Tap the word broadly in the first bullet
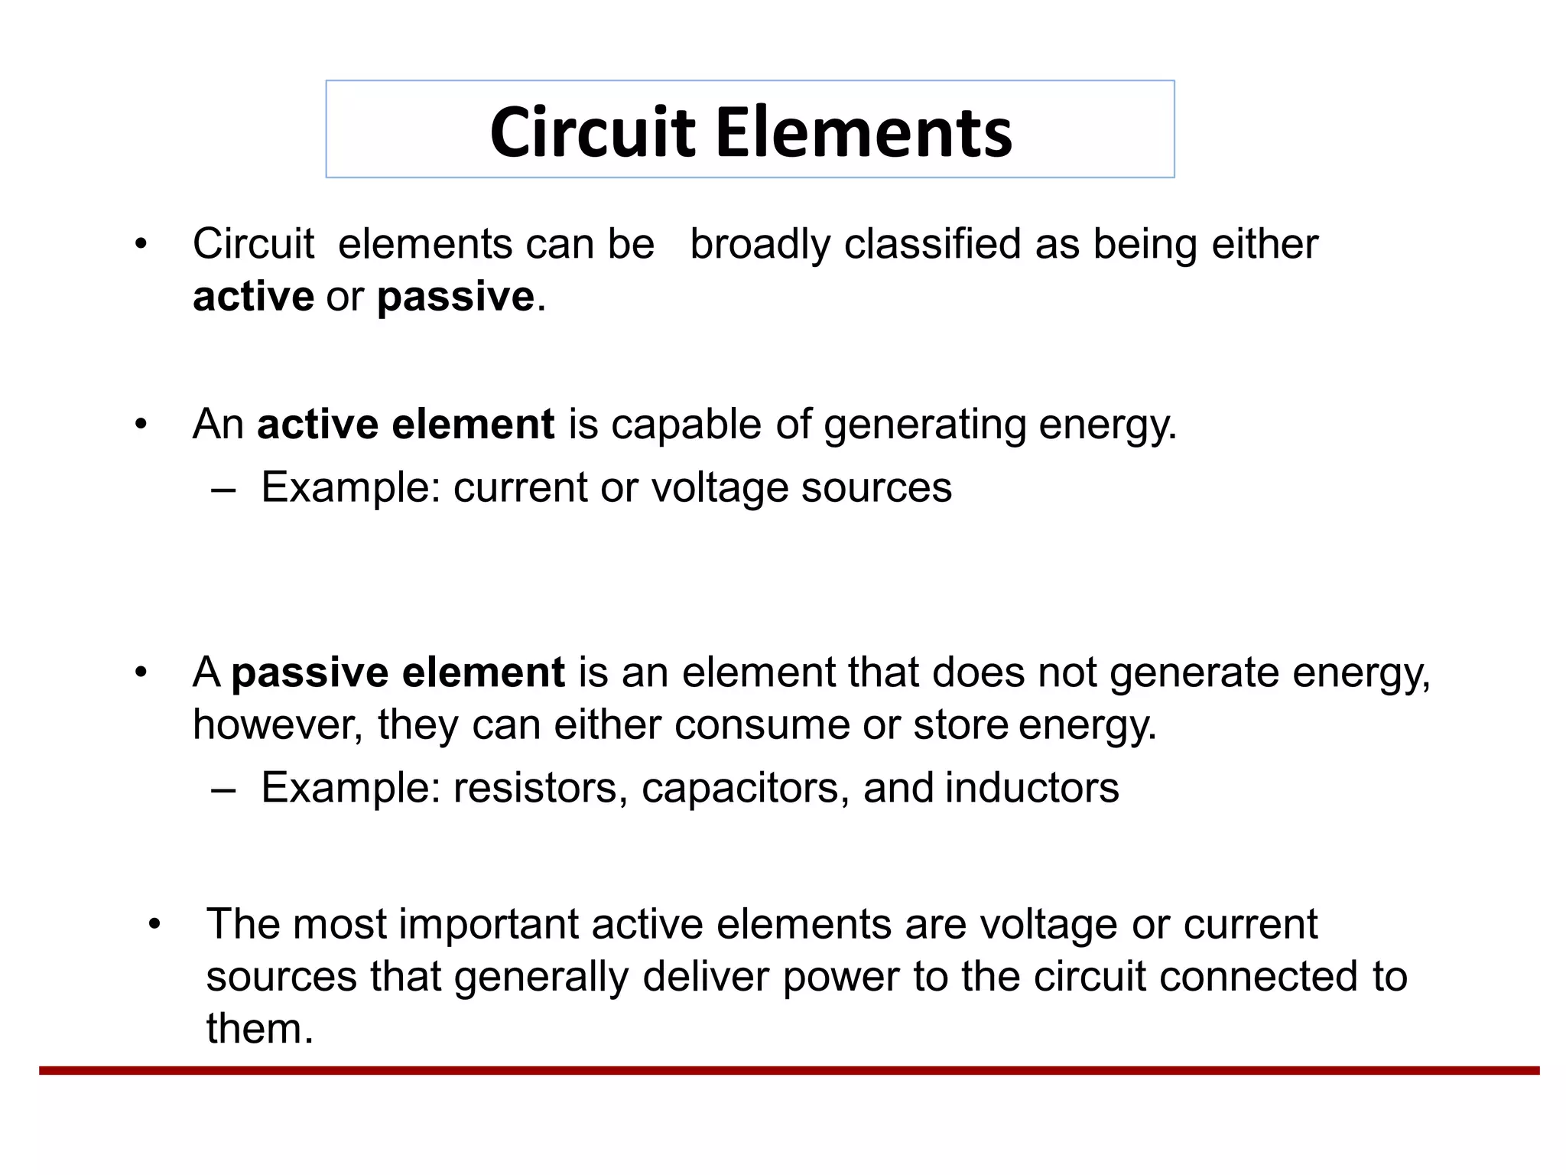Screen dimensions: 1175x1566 (x=760, y=244)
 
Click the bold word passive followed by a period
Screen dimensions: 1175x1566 (x=455, y=297)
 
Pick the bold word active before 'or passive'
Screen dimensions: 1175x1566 (x=253, y=297)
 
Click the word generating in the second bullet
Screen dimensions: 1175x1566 (x=924, y=425)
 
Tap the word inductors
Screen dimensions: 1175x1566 (x=1032, y=788)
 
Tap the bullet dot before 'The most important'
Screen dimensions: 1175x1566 (x=154, y=924)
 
